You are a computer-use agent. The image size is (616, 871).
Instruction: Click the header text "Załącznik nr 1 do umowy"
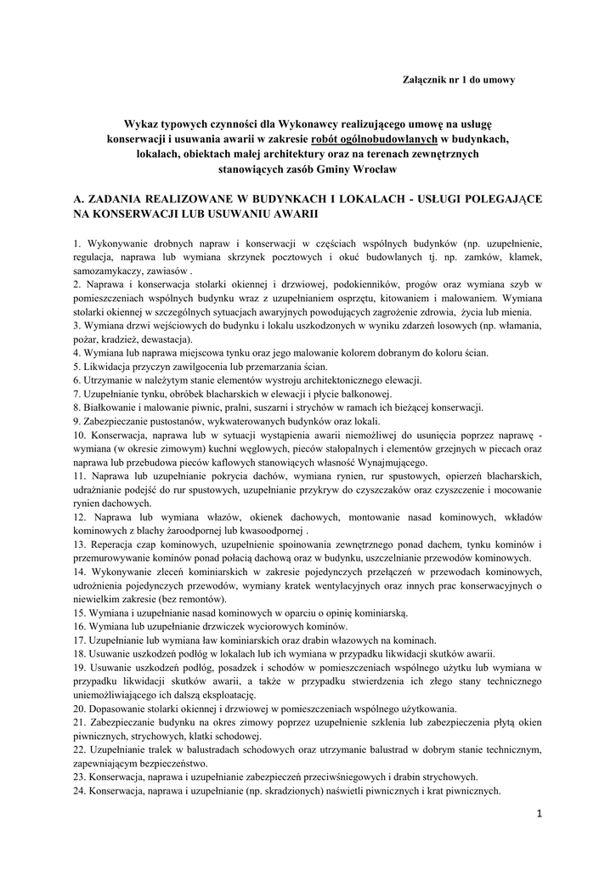tap(460, 80)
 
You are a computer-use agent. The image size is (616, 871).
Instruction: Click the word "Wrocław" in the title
tap(376, 169)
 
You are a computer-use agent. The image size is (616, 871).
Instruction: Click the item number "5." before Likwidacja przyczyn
tap(77, 367)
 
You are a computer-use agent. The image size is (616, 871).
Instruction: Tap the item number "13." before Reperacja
tap(80, 544)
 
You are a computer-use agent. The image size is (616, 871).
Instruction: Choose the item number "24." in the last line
tap(80, 790)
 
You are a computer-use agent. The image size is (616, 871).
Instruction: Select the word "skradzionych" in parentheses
tap(328, 790)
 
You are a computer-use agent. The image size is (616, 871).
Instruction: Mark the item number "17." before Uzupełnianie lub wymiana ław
tap(80, 640)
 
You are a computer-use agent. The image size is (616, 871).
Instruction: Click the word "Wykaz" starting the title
tap(140, 123)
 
